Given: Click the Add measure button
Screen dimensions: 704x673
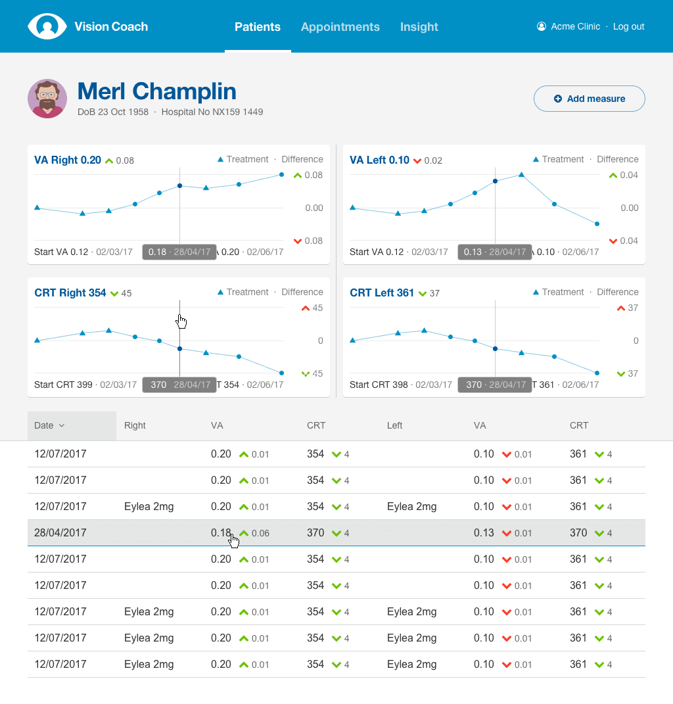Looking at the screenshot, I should tap(589, 99).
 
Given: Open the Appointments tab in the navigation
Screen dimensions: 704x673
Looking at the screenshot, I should tap(340, 27).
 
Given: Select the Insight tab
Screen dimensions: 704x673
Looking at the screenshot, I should tap(419, 27).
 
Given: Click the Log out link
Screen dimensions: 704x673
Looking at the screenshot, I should tap(628, 27).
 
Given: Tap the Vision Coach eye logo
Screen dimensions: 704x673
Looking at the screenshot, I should tap(47, 26).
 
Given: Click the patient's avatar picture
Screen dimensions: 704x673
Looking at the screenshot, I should tap(47, 99).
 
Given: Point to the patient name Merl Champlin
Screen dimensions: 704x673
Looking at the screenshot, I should tap(156, 91).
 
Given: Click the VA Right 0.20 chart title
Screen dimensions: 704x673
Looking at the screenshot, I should tap(68, 160).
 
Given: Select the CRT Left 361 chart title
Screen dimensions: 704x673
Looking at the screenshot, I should tap(382, 293).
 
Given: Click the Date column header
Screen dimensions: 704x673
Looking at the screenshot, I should tap(49, 425).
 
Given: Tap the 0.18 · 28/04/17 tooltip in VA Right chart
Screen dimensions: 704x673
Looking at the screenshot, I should tap(179, 252).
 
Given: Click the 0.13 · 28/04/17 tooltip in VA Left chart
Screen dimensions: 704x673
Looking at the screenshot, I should tap(495, 252).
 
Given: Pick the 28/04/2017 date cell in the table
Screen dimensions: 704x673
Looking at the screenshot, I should tap(60, 533).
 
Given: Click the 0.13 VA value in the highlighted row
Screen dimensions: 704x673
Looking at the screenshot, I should tap(483, 533).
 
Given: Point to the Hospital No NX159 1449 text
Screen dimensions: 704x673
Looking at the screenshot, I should tap(212, 112).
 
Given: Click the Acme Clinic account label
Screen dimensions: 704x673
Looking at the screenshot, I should tap(575, 27).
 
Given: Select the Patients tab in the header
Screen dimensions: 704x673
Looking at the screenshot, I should tap(257, 27).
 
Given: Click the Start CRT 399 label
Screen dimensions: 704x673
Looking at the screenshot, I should tap(63, 385).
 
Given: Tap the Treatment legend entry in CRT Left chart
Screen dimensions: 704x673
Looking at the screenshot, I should tap(558, 293).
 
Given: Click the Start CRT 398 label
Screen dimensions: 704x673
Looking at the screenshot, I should tap(379, 385).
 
